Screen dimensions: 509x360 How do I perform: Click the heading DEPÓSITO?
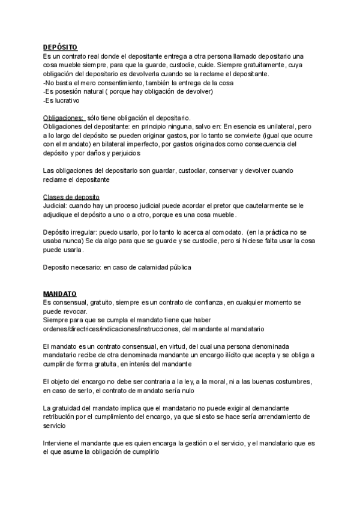tap(61, 47)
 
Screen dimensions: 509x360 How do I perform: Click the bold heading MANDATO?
tap(60, 294)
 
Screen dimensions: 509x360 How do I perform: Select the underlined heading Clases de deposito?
tap(71, 197)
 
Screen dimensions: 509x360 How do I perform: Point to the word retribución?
tap(60, 418)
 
